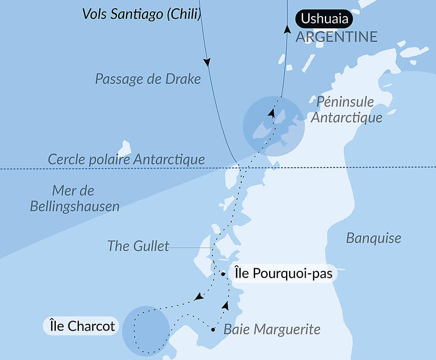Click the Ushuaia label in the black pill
[324, 19]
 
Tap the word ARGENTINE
[336, 37]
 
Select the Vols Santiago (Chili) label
[142, 14]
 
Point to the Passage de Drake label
[148, 79]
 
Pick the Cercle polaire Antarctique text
[126, 159]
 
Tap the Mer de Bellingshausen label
[75, 199]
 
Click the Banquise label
[373, 238]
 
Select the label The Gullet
[138, 246]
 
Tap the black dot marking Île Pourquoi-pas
[223, 274]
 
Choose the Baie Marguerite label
[272, 329]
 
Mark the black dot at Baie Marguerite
[213, 329]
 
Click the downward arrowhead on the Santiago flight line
[208, 62]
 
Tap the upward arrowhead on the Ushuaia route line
[287, 30]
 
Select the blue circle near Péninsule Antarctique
[273, 126]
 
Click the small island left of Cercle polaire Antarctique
[124, 148]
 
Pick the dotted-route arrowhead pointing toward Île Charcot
[198, 297]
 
